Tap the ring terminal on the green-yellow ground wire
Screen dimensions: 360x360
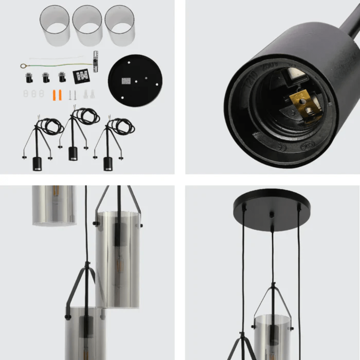click(x=23, y=66)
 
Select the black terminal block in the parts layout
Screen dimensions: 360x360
click(x=82, y=76)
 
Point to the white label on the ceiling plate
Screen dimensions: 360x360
click(x=126, y=81)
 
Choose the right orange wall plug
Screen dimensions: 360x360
click(x=60, y=95)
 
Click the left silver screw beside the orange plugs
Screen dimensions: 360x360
click(x=70, y=95)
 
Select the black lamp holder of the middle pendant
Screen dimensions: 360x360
click(x=73, y=153)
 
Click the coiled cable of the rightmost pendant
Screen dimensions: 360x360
click(x=123, y=126)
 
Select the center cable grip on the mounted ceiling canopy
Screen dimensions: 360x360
click(x=272, y=216)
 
